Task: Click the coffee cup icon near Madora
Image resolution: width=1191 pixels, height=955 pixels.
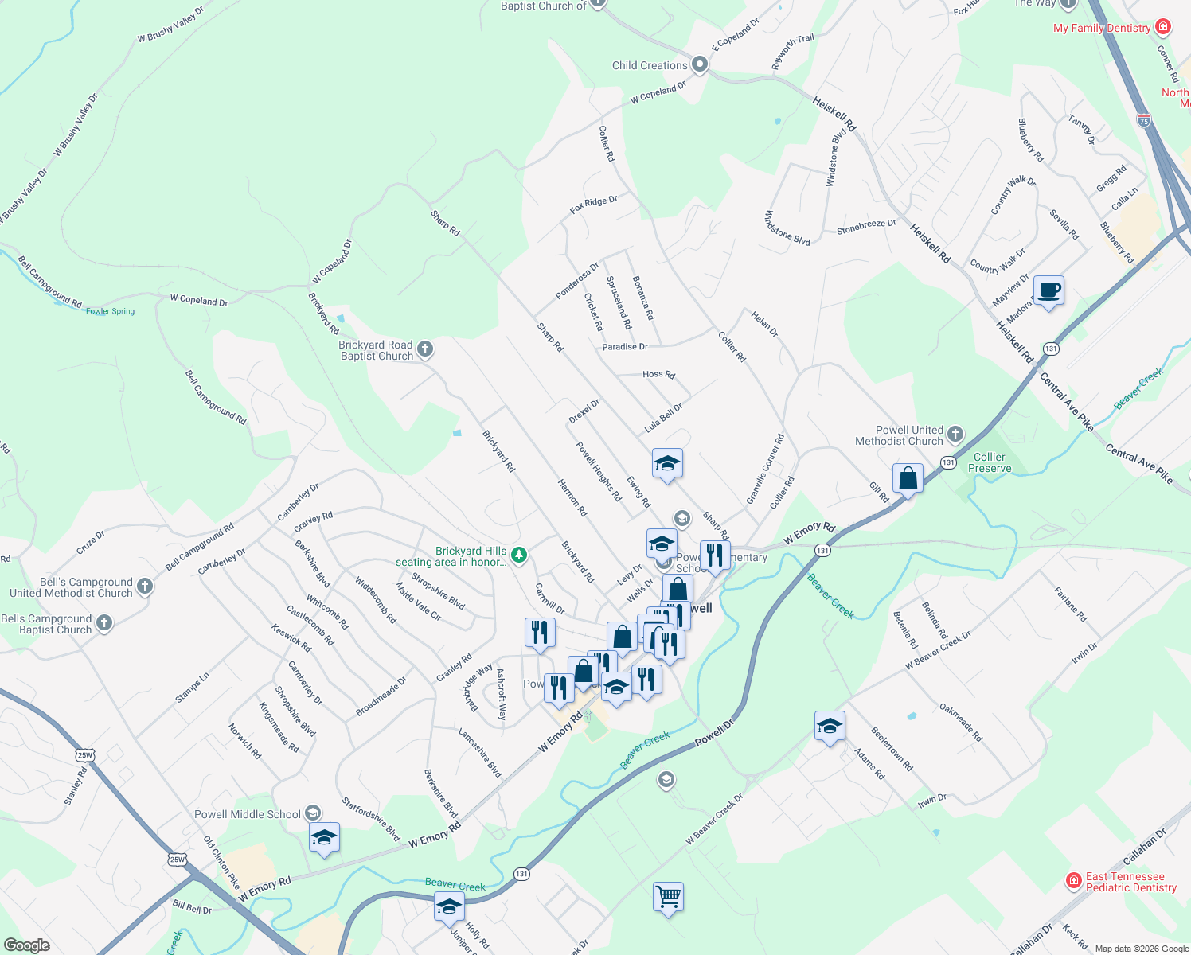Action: (x=1048, y=290)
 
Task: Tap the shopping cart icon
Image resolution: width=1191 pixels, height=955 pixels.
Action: (x=668, y=897)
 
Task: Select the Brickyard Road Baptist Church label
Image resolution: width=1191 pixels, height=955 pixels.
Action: (x=377, y=350)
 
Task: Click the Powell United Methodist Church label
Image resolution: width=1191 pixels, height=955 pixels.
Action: (x=899, y=435)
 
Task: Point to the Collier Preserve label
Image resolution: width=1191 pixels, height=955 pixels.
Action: (x=990, y=462)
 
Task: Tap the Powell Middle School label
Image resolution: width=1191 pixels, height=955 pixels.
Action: (x=248, y=814)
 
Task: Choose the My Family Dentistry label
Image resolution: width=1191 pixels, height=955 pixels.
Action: (x=1102, y=28)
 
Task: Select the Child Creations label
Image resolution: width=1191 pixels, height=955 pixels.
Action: (x=650, y=65)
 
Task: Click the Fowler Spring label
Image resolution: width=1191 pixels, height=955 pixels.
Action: (x=111, y=311)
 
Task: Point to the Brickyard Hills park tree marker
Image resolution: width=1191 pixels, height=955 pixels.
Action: (x=519, y=554)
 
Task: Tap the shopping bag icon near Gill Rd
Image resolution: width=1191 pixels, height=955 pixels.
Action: (x=908, y=479)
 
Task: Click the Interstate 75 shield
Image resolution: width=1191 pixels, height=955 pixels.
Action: (x=1144, y=120)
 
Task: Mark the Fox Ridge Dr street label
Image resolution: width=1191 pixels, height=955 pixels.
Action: (x=594, y=205)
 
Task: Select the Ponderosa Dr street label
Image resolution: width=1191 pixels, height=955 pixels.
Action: (x=577, y=281)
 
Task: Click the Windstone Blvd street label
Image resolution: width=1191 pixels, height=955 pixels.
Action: (x=787, y=228)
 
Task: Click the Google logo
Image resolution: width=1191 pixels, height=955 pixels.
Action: (x=27, y=945)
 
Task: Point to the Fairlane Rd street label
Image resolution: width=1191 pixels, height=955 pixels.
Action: (x=1070, y=605)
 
